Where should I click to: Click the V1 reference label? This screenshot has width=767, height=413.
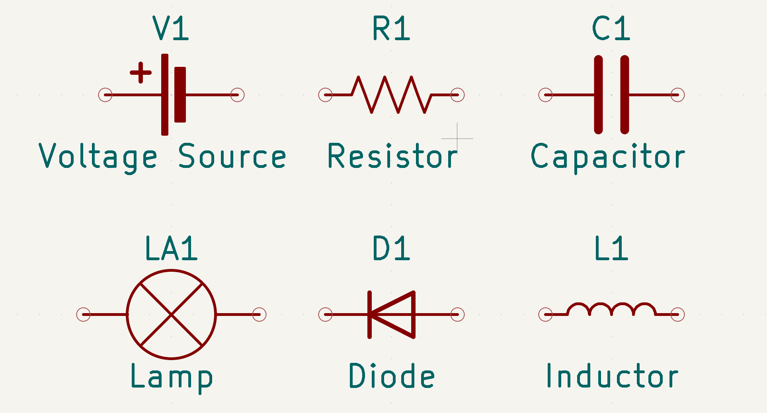(x=171, y=29)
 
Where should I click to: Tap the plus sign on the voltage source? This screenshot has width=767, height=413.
(x=141, y=73)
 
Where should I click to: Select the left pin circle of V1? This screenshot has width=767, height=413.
(x=105, y=95)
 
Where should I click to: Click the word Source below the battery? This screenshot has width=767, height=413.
(x=232, y=156)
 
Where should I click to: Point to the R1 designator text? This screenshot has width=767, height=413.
(x=391, y=29)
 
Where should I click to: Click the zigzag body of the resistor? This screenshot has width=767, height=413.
(x=391, y=95)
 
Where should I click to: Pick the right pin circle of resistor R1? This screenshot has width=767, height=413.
(x=457, y=95)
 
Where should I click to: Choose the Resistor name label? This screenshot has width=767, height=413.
(x=392, y=156)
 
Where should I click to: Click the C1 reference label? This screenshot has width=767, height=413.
(x=611, y=29)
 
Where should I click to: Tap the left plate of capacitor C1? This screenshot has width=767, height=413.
(x=598, y=95)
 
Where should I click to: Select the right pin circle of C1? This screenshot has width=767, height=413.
(x=677, y=95)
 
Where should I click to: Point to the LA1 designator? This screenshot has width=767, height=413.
(x=171, y=249)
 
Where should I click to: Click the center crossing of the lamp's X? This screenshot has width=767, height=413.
(x=171, y=314)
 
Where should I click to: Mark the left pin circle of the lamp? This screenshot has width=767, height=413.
(x=84, y=314)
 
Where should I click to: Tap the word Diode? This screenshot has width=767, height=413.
(x=392, y=376)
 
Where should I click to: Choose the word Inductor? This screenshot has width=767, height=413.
(x=612, y=376)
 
